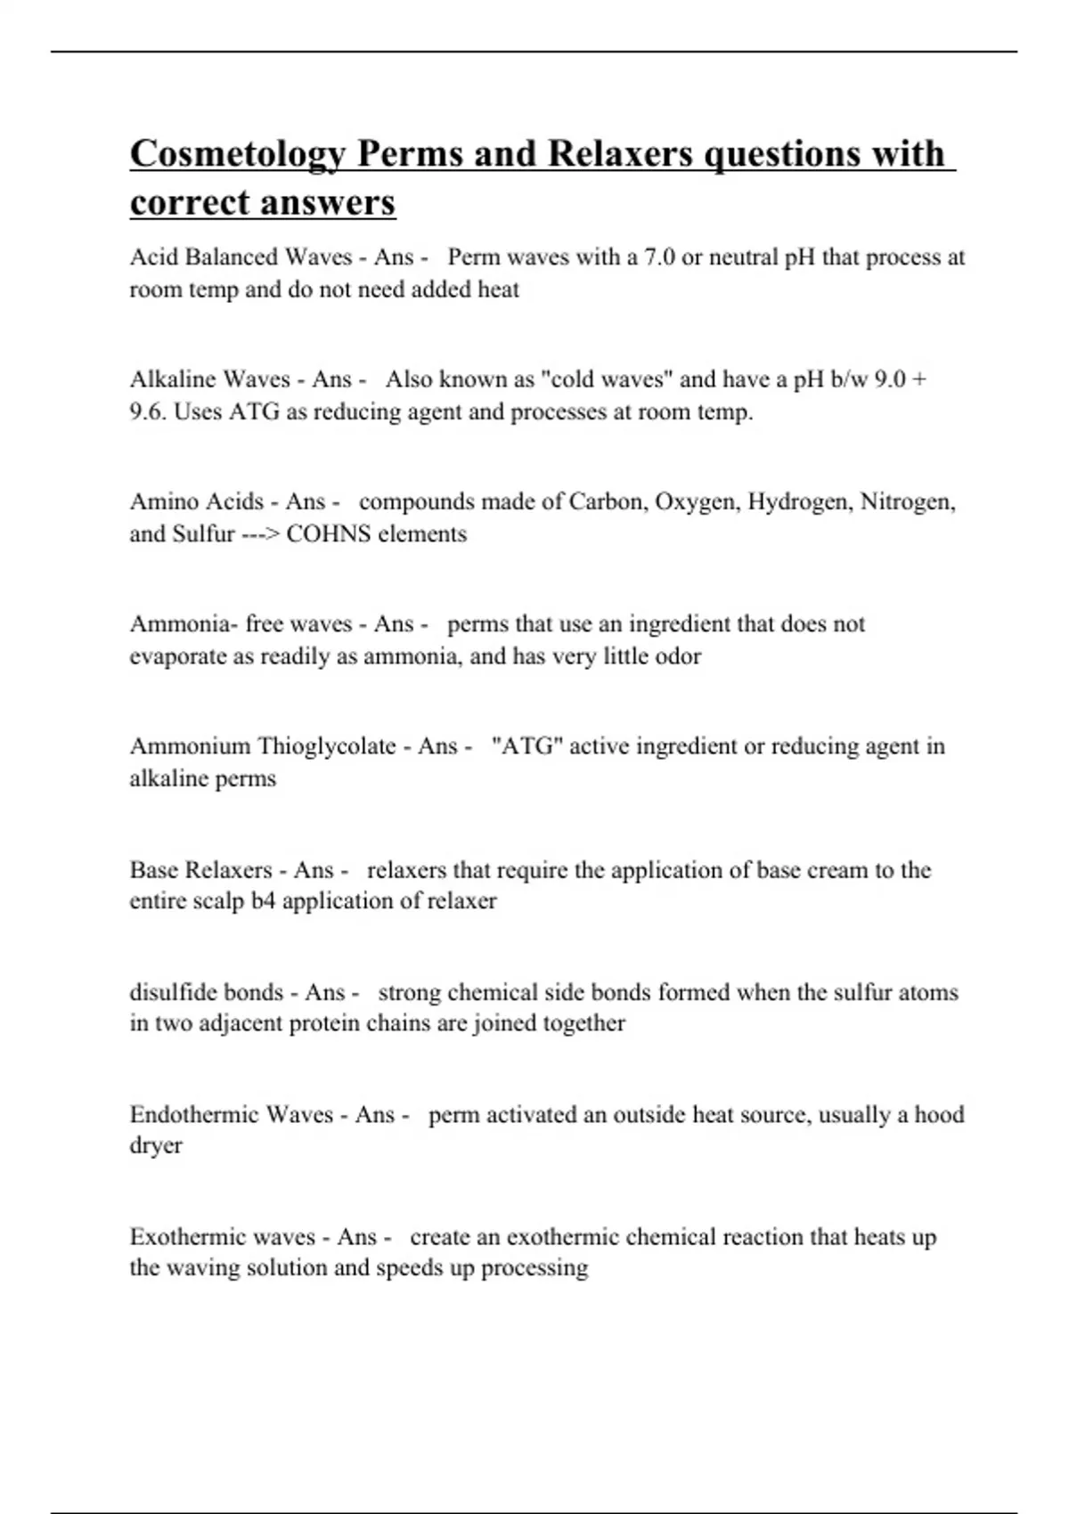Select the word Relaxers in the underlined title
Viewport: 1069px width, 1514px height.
point(619,154)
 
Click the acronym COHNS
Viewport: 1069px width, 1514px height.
point(326,534)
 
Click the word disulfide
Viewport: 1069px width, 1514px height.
point(169,992)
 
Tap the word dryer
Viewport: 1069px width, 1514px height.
point(156,1146)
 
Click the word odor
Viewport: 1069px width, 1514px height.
point(680,656)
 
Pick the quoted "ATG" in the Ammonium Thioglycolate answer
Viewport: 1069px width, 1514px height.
point(526,745)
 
